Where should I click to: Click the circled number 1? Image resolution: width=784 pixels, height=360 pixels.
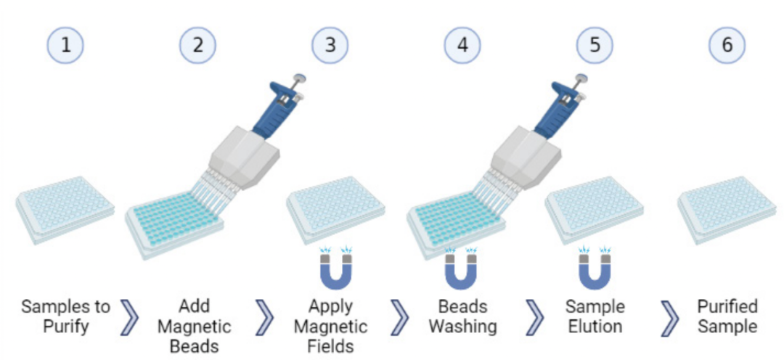pyautogui.click(x=65, y=46)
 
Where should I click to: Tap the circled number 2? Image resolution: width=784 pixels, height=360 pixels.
pyautogui.click(x=198, y=46)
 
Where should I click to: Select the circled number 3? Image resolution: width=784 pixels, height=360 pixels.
pyautogui.click(x=330, y=46)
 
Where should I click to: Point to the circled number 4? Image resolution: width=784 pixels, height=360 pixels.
pyautogui.click(x=463, y=46)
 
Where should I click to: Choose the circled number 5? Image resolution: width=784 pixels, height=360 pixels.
pyautogui.click(x=595, y=46)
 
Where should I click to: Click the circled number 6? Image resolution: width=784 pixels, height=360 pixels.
pyautogui.click(x=727, y=46)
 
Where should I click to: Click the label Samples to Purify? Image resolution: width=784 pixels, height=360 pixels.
pyautogui.click(x=65, y=316)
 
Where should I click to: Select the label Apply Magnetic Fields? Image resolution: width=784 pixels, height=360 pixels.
pyautogui.click(x=330, y=326)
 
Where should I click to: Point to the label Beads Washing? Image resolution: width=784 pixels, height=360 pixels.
pyautogui.click(x=463, y=316)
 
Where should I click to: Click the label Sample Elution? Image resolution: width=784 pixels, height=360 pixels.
pyautogui.click(x=595, y=316)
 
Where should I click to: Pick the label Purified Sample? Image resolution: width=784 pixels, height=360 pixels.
pyautogui.click(x=728, y=316)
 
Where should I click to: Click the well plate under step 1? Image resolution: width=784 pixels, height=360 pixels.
pyautogui.click(x=65, y=210)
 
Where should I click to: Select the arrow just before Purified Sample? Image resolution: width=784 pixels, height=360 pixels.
pyautogui.click(x=669, y=317)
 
